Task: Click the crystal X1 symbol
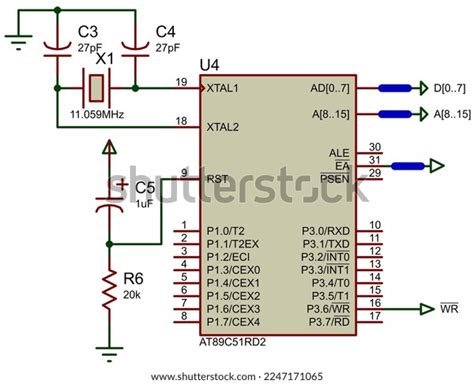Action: (x=95, y=88)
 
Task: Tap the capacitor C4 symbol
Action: (x=133, y=46)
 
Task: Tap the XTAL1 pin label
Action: (x=222, y=88)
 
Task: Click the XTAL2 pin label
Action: (x=222, y=127)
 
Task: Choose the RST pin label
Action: (x=217, y=179)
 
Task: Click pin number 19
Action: (x=181, y=82)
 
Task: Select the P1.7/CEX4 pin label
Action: (x=233, y=322)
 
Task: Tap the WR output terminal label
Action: (x=449, y=309)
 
